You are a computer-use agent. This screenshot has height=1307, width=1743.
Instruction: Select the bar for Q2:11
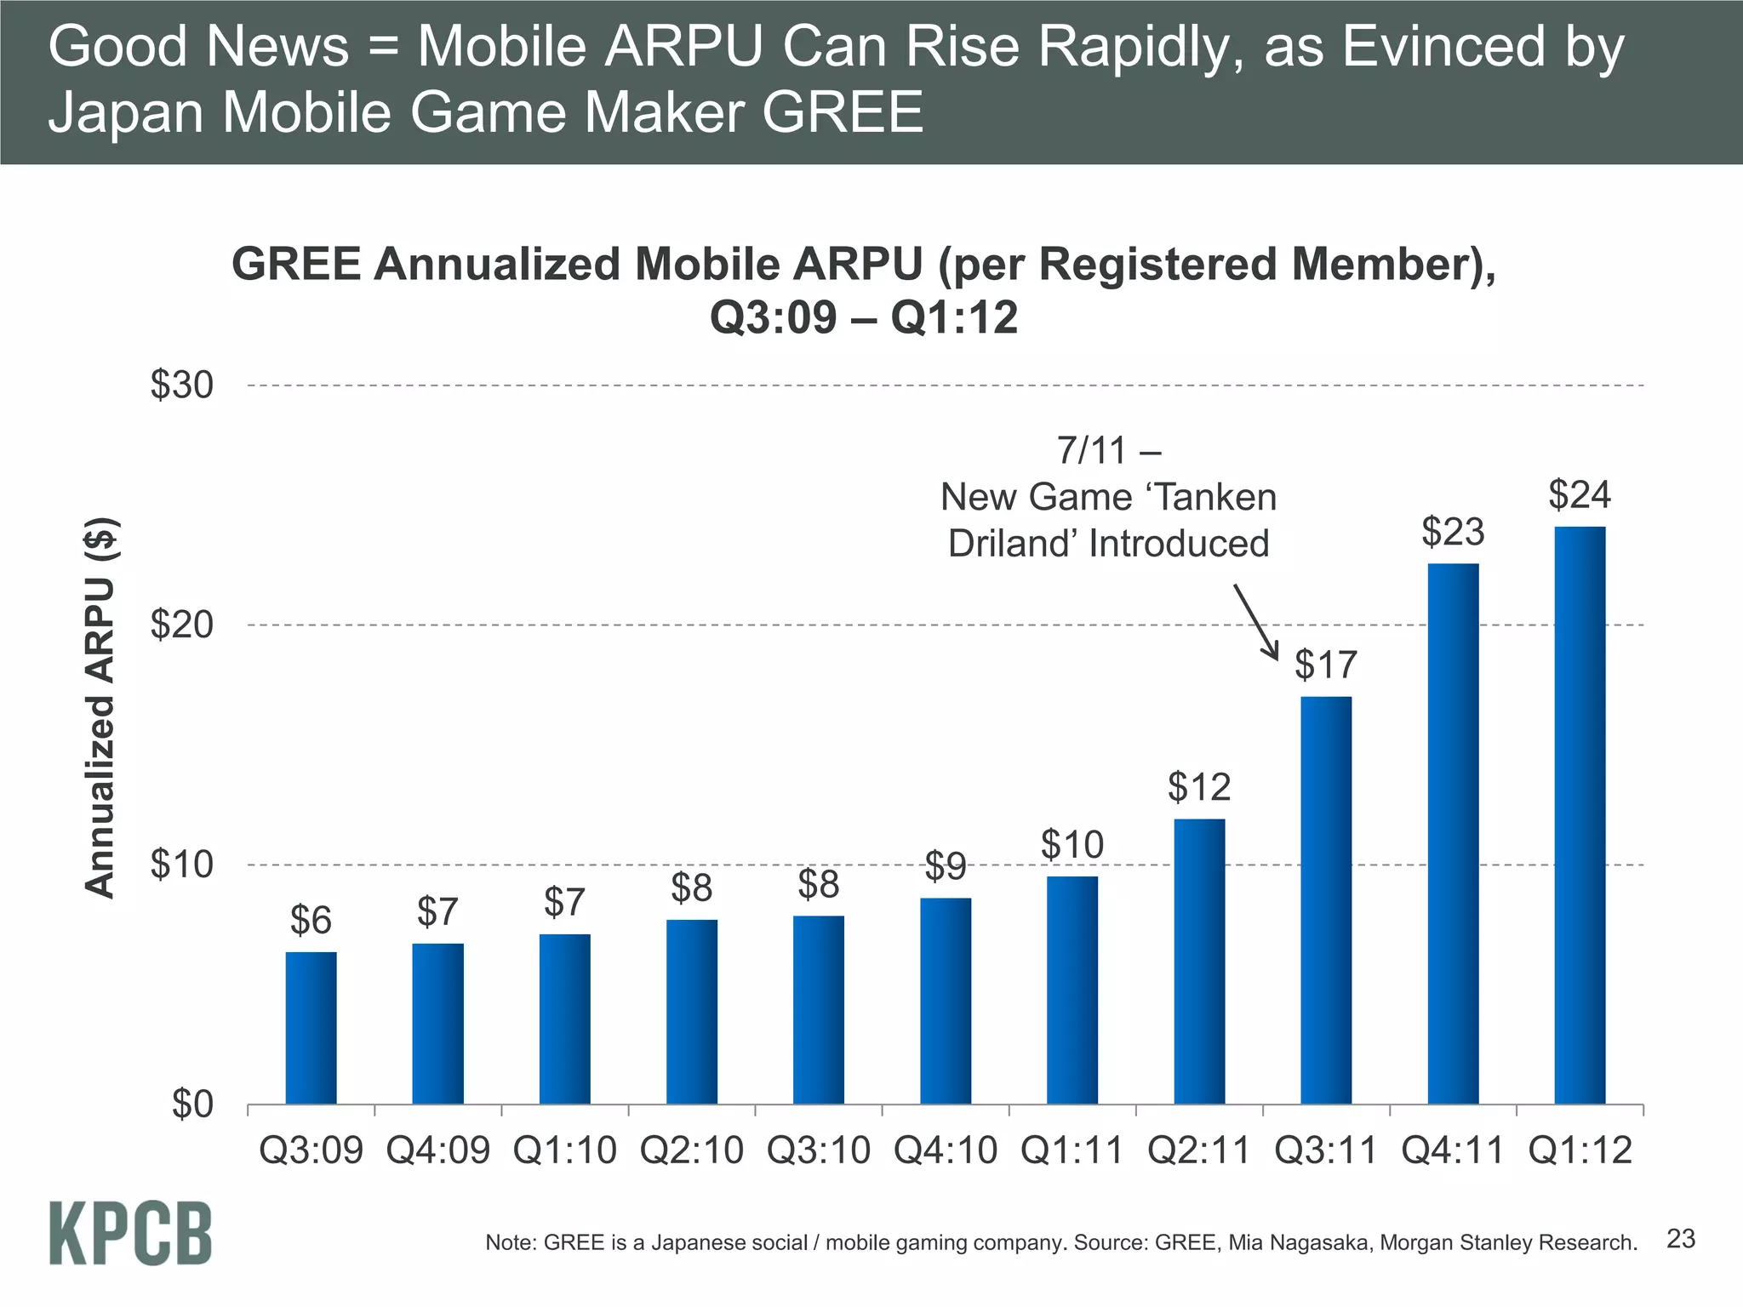pyautogui.click(x=1199, y=962)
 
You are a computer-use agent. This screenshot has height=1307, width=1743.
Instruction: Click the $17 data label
pyautogui.click(x=1326, y=664)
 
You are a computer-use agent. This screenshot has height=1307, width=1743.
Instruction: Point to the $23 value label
pyautogui.click(x=1453, y=532)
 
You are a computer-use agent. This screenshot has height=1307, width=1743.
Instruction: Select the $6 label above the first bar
pyautogui.click(x=311, y=920)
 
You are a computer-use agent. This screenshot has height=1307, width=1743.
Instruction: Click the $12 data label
pyautogui.click(x=1199, y=787)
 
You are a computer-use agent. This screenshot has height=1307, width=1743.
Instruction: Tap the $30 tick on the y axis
pyautogui.click(x=182, y=385)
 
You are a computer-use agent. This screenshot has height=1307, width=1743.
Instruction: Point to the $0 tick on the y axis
pyautogui.click(x=192, y=1104)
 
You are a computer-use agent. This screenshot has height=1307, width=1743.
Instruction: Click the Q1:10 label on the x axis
pyautogui.click(x=564, y=1150)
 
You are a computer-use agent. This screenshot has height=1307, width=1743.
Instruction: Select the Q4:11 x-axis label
pyautogui.click(x=1453, y=1150)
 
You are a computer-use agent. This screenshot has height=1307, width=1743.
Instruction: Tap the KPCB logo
pyautogui.click(x=130, y=1234)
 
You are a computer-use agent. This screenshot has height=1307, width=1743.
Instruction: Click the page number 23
pyautogui.click(x=1681, y=1239)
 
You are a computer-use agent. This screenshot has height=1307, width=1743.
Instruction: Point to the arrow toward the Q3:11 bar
pyautogui.click(x=1256, y=621)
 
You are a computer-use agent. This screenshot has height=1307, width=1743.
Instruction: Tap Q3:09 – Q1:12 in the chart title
pyautogui.click(x=863, y=318)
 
